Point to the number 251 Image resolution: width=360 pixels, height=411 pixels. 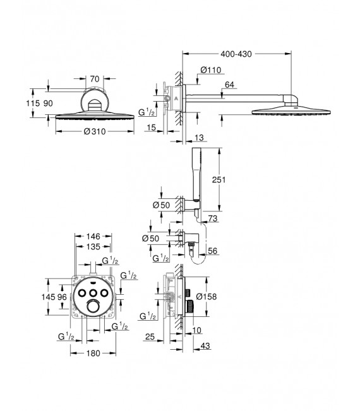pyautogui.click(x=234, y=180)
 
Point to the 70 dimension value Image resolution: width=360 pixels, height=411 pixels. pyautogui.click(x=95, y=79)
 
